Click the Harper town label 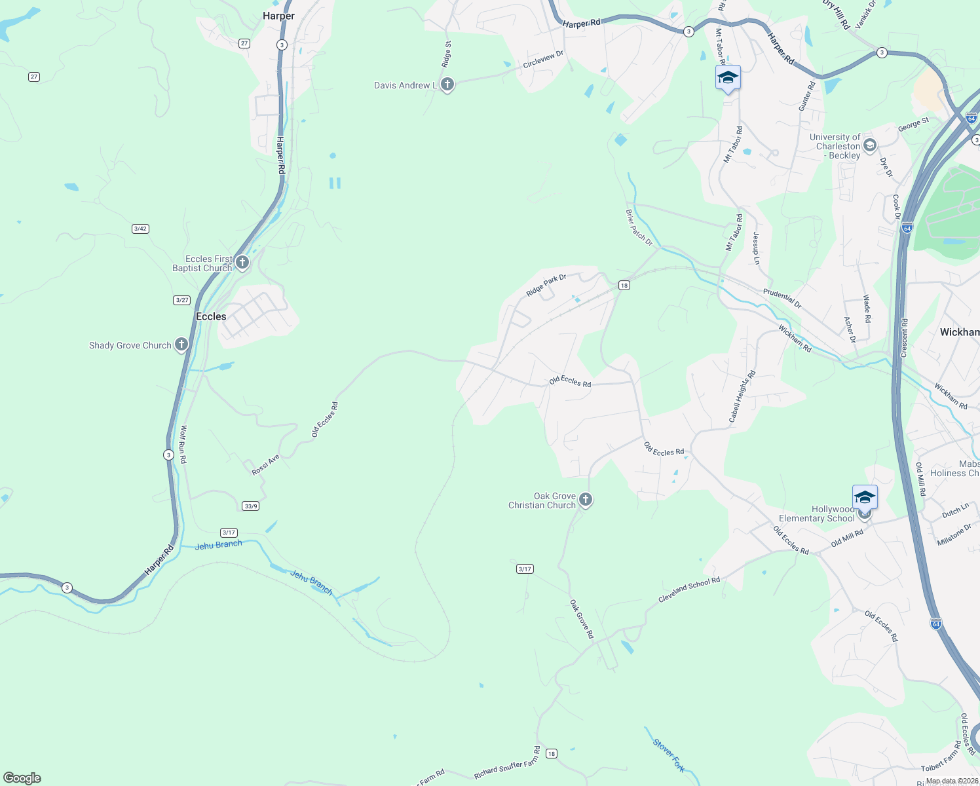(278, 16)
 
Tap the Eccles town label (211, 316)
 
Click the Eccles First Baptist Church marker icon (242, 263)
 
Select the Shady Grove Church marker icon (181, 345)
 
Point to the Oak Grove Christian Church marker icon (586, 500)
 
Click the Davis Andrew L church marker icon (447, 84)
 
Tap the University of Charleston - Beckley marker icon (870, 145)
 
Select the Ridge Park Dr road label (546, 286)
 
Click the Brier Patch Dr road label (639, 228)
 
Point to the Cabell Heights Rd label (742, 396)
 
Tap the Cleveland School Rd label (689, 589)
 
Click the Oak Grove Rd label (581, 619)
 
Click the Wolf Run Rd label (183, 445)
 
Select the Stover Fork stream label (669, 755)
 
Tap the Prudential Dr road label (782, 299)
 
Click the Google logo (22, 778)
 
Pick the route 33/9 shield (250, 506)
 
